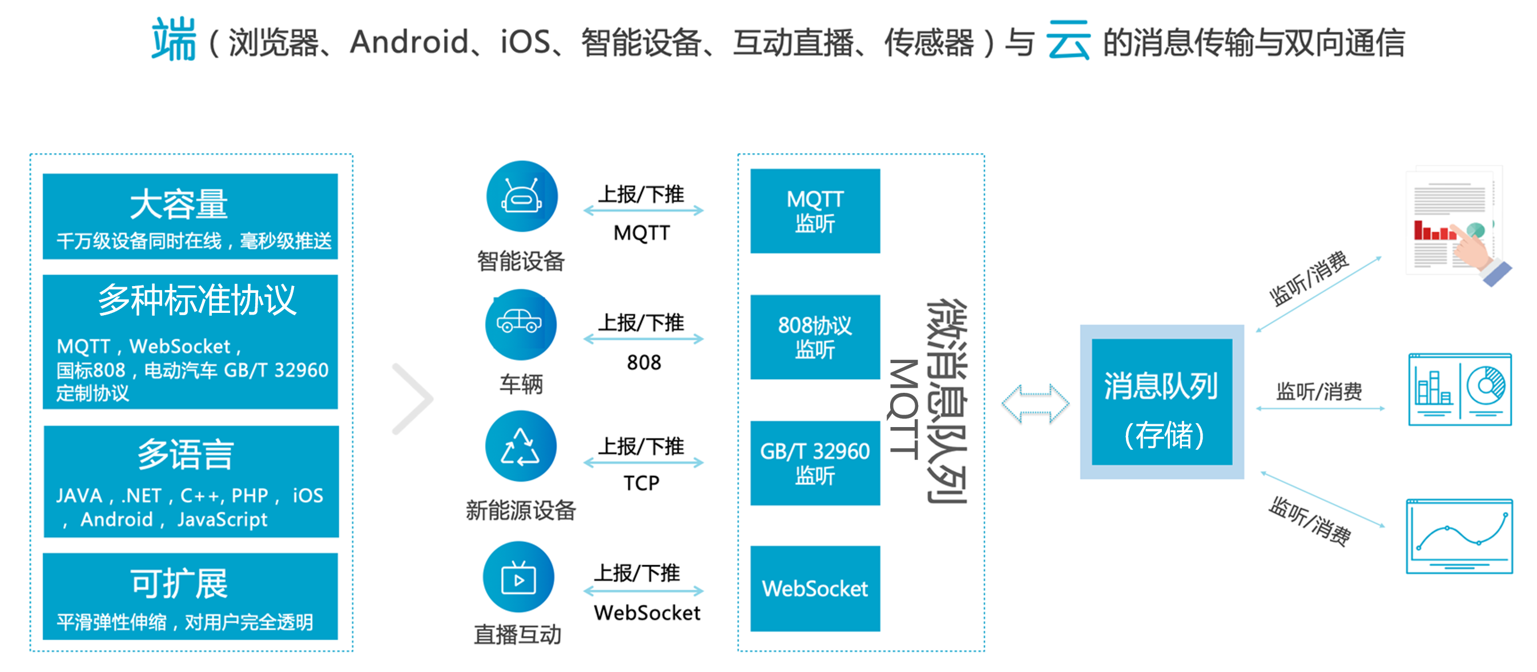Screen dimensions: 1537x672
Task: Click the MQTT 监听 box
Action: tap(815, 211)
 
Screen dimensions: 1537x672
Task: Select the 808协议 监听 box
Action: tap(815, 337)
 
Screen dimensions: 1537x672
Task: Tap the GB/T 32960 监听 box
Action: tap(815, 463)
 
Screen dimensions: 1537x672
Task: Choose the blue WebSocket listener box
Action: tap(815, 589)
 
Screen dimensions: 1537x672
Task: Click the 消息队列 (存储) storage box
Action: tap(1162, 401)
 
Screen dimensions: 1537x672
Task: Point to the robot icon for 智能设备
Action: tap(522, 196)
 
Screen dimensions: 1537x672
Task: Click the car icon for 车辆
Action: tap(521, 325)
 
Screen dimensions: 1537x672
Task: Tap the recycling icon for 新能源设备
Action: tap(521, 446)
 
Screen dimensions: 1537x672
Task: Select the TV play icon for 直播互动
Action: tap(518, 577)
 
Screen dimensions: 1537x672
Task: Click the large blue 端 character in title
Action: tap(174, 39)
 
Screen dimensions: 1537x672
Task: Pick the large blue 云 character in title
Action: tap(1068, 41)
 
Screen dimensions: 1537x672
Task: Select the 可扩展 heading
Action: tap(179, 584)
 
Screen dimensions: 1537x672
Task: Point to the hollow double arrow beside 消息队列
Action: tap(1035, 404)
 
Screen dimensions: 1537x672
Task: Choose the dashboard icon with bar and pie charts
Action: tap(1459, 389)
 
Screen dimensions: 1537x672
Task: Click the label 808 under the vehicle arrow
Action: tap(644, 362)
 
